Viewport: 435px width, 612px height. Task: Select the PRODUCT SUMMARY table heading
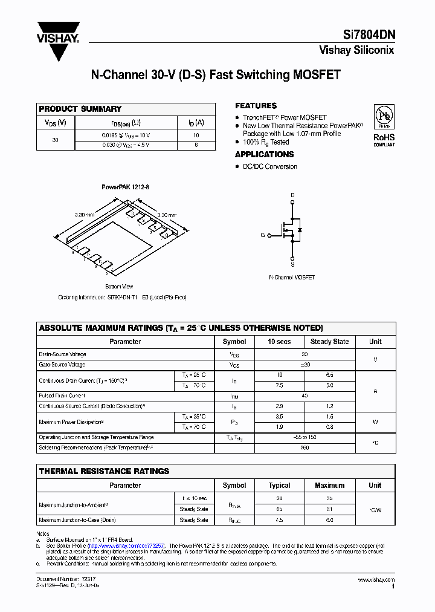coord(80,109)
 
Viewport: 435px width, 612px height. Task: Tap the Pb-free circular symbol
coord(384,116)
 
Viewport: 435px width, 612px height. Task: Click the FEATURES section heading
coord(256,106)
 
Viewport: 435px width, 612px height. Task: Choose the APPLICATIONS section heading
coord(264,154)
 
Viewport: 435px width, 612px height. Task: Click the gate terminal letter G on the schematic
coord(263,235)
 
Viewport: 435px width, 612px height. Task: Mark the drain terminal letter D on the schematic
coord(292,195)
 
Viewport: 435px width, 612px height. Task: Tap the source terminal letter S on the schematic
coord(292,264)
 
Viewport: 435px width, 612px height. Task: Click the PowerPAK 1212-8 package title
coord(124,187)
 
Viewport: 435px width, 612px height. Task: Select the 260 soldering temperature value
coord(304,448)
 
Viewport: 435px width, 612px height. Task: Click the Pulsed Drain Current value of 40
coord(304,396)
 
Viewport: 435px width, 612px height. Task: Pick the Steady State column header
coord(329,342)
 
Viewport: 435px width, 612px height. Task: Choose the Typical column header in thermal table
coord(279,485)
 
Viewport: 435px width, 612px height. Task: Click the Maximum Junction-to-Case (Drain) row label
coord(77,520)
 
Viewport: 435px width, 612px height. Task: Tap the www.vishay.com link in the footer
coord(376,580)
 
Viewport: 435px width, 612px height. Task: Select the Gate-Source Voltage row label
coord(62,365)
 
